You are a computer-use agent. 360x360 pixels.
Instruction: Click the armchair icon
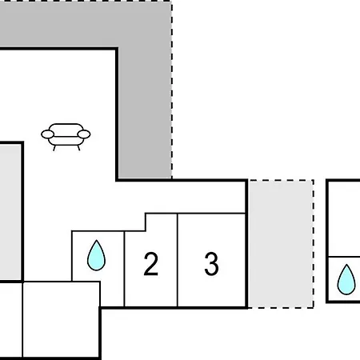click(x=66, y=137)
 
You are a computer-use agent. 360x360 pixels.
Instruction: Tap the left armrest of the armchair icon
click(x=47, y=134)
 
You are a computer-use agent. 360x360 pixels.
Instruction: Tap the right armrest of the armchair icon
click(x=84, y=134)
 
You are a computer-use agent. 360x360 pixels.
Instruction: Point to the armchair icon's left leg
click(x=54, y=148)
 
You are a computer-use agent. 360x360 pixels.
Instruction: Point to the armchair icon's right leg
click(x=78, y=148)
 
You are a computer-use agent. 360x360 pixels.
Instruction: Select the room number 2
click(x=151, y=264)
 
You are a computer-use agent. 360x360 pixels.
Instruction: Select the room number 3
click(x=211, y=264)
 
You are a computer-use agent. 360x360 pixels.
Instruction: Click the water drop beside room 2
click(x=96, y=255)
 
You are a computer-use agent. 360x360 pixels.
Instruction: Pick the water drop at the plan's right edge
click(x=346, y=279)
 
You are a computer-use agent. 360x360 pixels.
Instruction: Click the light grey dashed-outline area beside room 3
click(x=281, y=244)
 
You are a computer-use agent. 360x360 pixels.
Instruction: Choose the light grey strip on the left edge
click(x=10, y=212)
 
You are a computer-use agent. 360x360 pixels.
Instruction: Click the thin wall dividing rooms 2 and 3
click(x=178, y=260)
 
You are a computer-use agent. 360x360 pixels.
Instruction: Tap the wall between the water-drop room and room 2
click(x=124, y=269)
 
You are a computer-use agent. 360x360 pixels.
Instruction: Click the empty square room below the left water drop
click(x=62, y=319)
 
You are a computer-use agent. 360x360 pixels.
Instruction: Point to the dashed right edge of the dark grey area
click(x=172, y=90)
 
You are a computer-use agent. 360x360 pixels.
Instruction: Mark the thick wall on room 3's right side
click(x=246, y=244)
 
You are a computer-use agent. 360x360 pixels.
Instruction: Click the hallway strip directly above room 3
click(x=195, y=198)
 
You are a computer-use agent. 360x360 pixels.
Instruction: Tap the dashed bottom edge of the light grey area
click(x=281, y=308)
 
